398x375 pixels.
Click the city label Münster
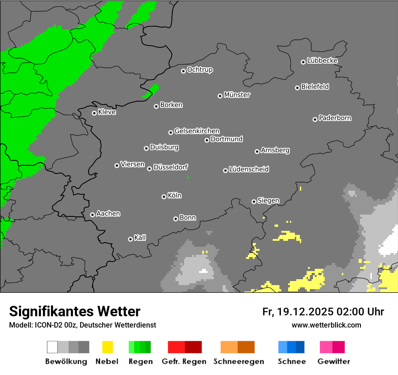click(x=237, y=95)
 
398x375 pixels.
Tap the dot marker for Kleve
click(x=94, y=113)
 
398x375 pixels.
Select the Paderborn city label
click(x=335, y=118)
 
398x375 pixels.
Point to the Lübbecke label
click(x=322, y=61)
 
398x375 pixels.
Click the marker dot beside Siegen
click(x=254, y=202)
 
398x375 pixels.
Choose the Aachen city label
click(x=108, y=214)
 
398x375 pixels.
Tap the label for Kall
click(x=140, y=238)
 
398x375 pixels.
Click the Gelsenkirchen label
click(x=197, y=131)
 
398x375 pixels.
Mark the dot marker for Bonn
click(x=175, y=219)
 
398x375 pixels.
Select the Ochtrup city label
click(x=200, y=70)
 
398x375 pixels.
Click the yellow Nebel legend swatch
click(x=107, y=347)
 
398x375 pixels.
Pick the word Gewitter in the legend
click(x=334, y=361)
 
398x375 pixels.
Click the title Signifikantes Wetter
click(x=75, y=311)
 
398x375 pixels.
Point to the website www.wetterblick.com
click(x=327, y=325)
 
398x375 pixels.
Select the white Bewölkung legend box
click(x=52, y=347)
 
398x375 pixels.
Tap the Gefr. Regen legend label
click(x=184, y=361)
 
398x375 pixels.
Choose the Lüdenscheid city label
click(x=249, y=169)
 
